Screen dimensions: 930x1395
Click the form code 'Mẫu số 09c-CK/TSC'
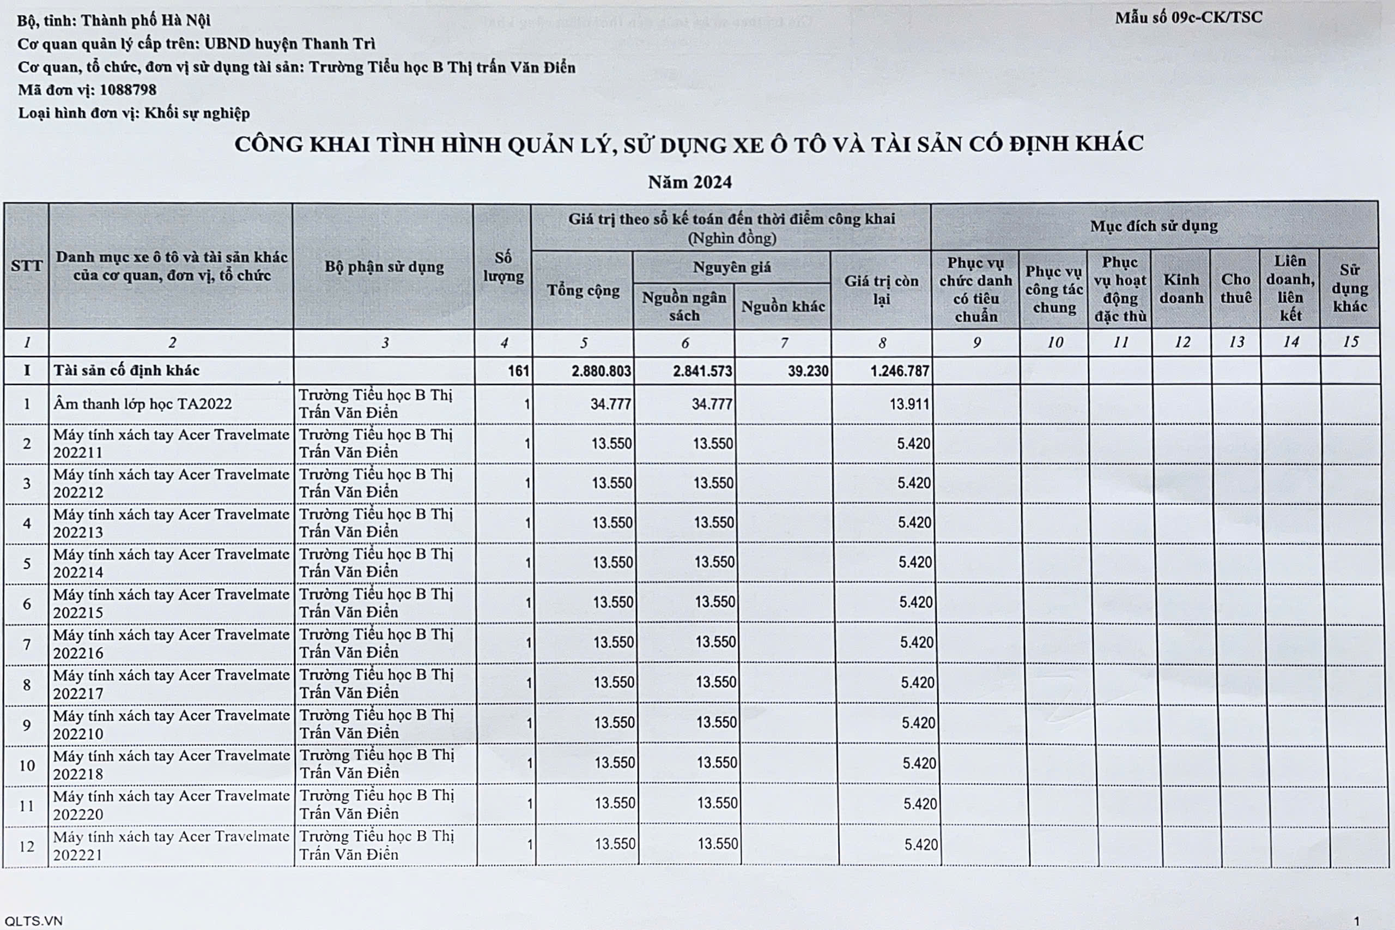click(1188, 18)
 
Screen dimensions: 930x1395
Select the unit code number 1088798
click(128, 90)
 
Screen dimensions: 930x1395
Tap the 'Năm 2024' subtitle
click(689, 182)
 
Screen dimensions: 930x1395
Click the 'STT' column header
click(26, 265)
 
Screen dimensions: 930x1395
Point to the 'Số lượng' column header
click(503, 267)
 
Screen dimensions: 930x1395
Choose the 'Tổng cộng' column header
click(583, 290)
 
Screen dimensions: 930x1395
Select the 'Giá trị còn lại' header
click(881, 289)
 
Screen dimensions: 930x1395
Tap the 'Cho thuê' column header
click(1235, 288)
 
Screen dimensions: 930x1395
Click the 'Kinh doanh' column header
click(1181, 288)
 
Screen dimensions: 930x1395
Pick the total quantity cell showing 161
click(518, 371)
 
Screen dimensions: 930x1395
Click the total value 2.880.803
click(601, 371)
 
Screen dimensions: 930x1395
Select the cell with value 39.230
click(808, 371)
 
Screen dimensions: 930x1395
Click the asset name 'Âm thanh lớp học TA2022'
click(142, 404)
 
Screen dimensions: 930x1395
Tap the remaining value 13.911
click(909, 404)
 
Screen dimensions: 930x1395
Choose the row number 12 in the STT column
click(27, 846)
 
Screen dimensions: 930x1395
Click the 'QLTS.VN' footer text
click(33, 921)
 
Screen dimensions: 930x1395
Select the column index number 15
click(1350, 342)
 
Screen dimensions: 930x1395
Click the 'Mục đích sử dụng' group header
click(1153, 226)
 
